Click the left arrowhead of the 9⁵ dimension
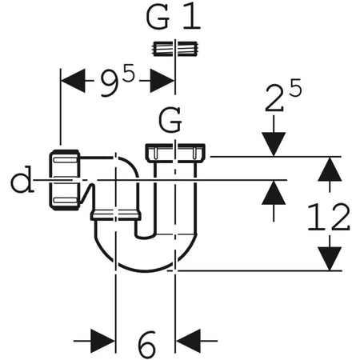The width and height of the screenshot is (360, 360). click(x=72, y=80)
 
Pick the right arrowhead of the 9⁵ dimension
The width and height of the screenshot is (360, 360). click(x=165, y=80)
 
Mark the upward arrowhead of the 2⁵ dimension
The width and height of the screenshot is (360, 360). click(x=274, y=191)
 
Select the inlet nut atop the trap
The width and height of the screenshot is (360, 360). click(x=176, y=151)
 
